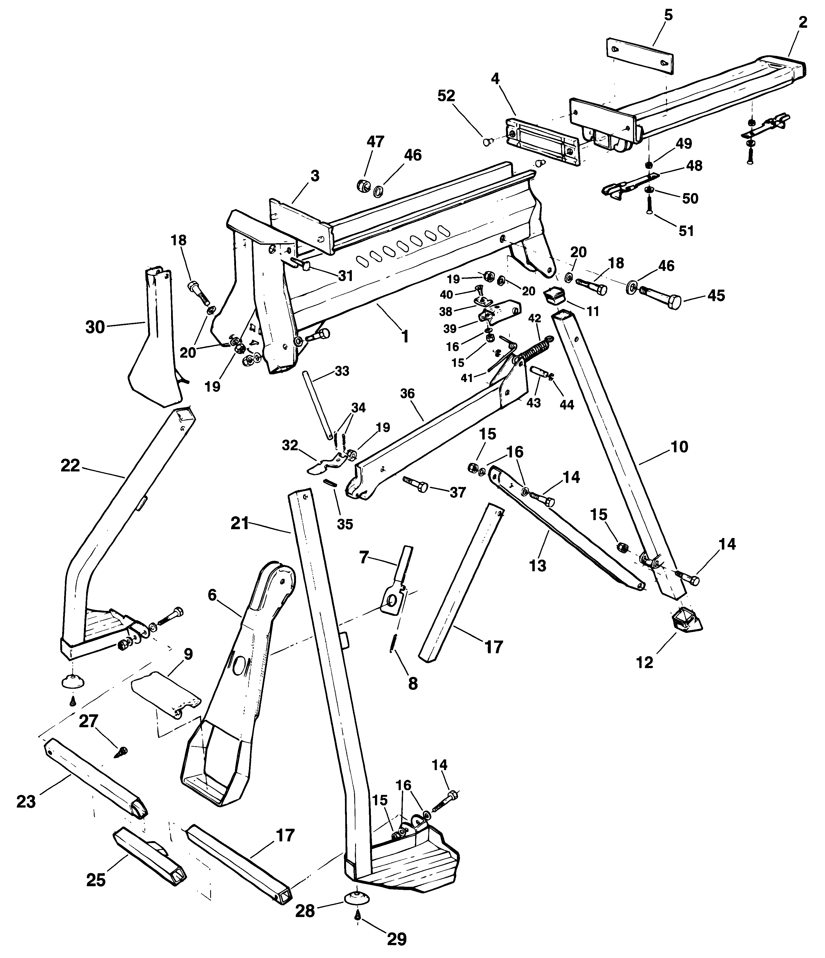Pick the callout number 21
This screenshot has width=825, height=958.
[240, 524]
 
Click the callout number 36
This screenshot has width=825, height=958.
[407, 394]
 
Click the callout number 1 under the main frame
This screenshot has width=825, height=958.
[405, 337]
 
